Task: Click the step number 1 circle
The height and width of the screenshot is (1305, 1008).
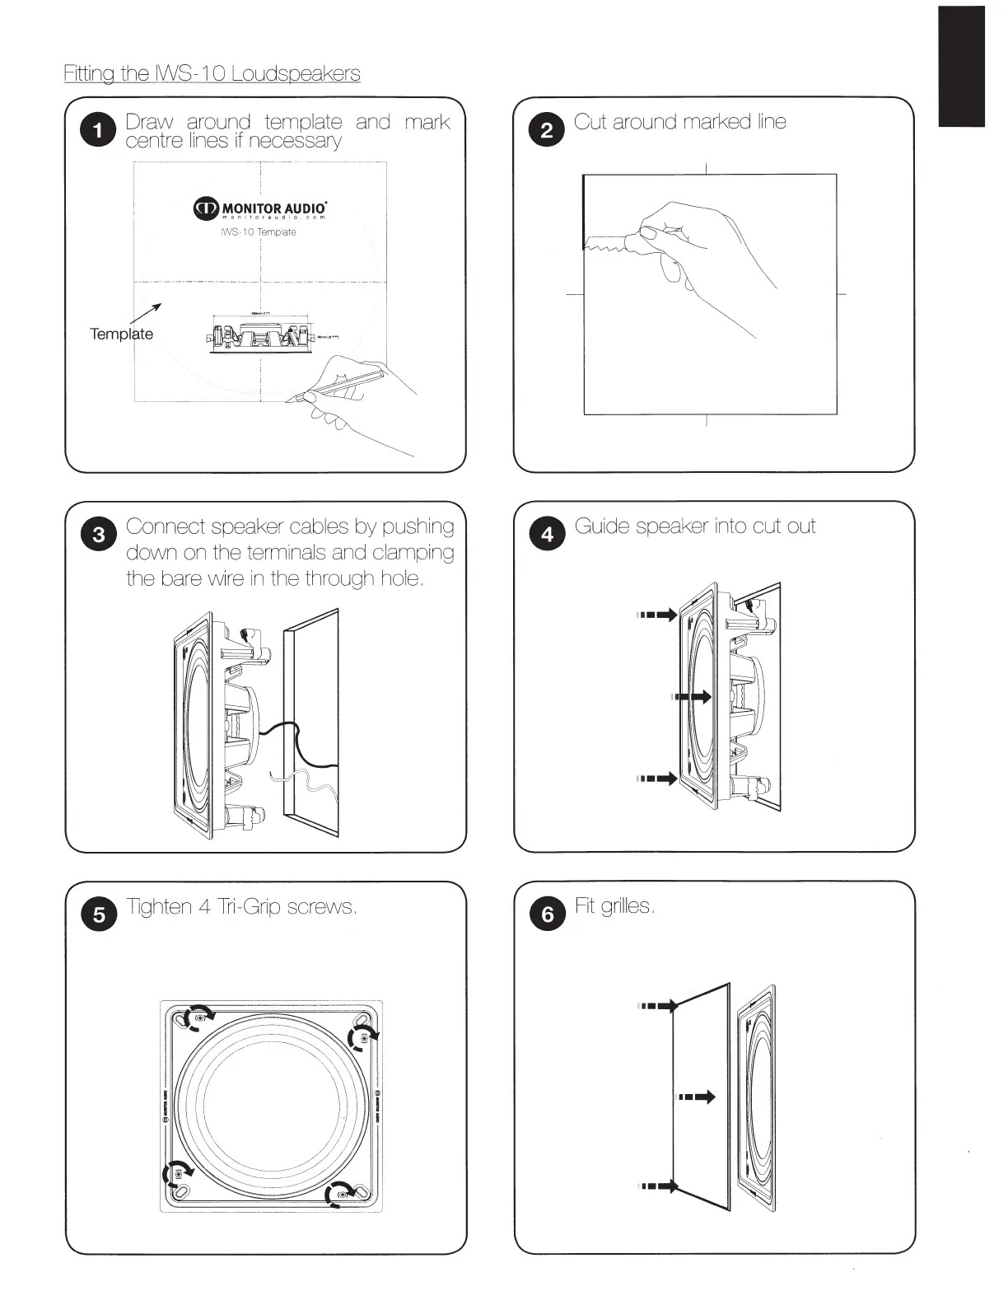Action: [98, 131]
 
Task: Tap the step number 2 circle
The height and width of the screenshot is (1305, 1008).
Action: [547, 131]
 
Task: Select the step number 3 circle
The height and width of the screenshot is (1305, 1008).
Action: [98, 535]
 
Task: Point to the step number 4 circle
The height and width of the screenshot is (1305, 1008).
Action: [547, 535]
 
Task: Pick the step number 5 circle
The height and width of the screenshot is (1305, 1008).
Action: [98, 914]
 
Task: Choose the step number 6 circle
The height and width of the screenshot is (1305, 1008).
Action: [547, 914]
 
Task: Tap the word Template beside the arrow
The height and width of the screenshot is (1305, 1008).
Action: [121, 334]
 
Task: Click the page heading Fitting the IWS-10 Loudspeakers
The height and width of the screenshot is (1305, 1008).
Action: [212, 73]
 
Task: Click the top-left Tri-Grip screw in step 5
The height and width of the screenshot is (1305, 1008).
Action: [198, 1019]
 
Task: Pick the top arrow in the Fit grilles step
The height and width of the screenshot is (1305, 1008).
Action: [659, 1006]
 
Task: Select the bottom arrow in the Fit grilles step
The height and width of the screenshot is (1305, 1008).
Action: [659, 1186]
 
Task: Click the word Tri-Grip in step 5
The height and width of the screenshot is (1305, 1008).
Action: [250, 907]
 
